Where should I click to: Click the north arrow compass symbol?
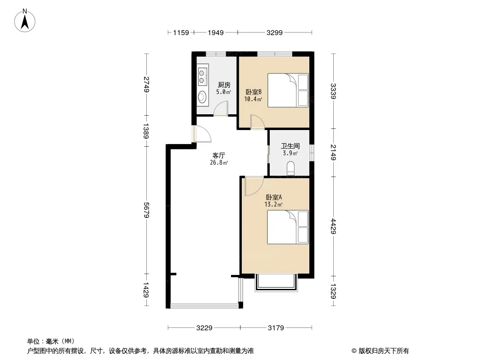25,20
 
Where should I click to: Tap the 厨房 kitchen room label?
224,85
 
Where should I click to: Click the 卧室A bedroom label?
274,197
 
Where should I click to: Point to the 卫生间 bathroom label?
290,146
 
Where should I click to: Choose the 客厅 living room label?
219,155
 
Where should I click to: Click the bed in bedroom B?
288,90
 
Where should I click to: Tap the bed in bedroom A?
288,227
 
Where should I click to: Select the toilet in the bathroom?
290,169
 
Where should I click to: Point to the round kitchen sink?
202,97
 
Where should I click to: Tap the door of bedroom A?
254,186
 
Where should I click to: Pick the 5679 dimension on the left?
146,210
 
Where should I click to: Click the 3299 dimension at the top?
274,32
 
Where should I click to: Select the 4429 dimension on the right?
333,226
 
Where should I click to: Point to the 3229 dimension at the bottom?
204,328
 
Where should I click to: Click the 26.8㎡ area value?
219,163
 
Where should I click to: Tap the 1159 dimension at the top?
181,32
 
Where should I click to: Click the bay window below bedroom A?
276,283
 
